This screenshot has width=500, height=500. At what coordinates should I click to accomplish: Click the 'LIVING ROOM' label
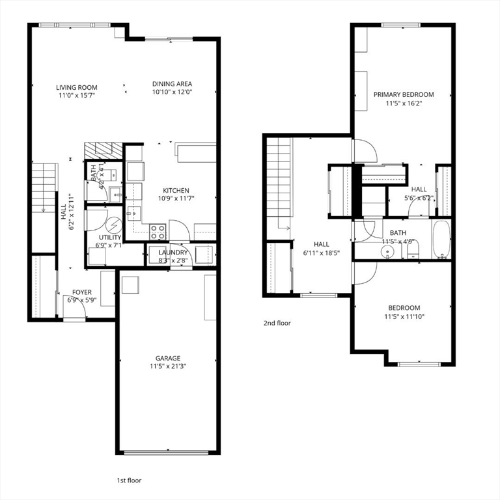(76, 87)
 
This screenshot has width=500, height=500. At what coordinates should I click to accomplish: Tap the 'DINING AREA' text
(172, 84)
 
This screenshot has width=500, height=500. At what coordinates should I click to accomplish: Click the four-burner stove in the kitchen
(158, 230)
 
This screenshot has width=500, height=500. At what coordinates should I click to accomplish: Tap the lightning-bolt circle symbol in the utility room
(113, 225)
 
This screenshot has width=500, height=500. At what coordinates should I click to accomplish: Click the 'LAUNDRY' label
(173, 253)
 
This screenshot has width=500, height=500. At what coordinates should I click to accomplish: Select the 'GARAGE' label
(167, 358)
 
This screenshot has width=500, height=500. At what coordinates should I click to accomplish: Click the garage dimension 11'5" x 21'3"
(167, 367)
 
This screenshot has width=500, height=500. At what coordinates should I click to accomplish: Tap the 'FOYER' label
(82, 292)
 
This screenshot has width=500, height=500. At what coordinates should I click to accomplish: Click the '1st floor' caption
(128, 480)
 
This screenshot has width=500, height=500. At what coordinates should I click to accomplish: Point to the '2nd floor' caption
(277, 323)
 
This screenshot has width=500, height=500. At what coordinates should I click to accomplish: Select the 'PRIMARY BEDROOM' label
(403, 94)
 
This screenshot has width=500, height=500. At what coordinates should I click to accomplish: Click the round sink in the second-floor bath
(389, 249)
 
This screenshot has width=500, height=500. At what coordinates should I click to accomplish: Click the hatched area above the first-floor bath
(103, 150)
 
